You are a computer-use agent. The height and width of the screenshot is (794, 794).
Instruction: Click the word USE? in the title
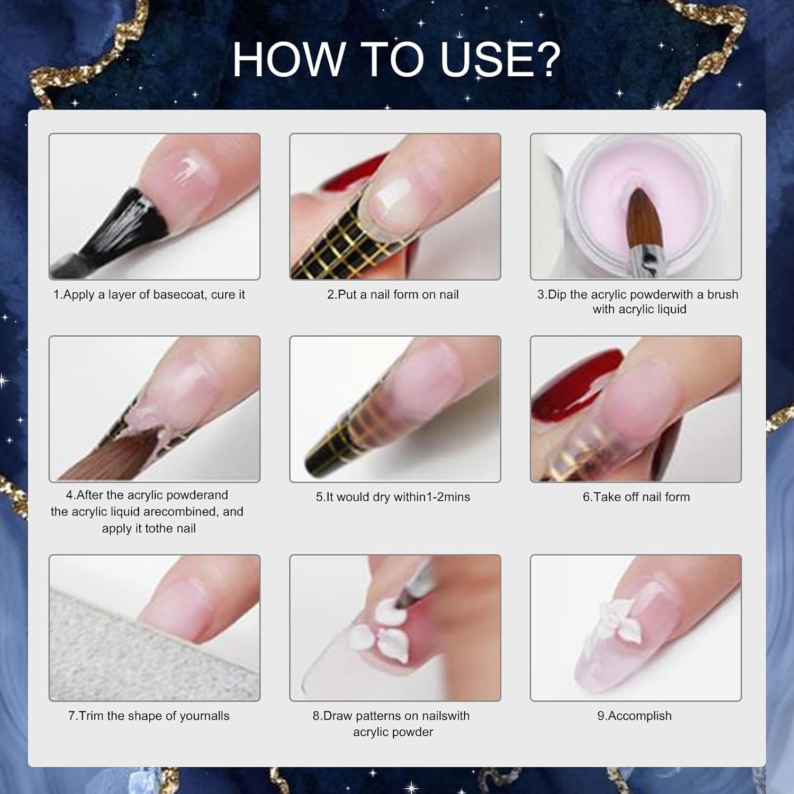pos(500,59)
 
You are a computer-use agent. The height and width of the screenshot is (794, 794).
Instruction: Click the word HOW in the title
pos(288,59)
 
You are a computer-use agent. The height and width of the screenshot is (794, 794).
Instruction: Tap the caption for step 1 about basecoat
pos(149,295)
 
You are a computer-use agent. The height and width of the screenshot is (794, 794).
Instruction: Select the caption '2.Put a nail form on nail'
pos(393,295)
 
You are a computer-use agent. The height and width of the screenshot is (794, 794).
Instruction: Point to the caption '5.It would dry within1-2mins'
pos(393,497)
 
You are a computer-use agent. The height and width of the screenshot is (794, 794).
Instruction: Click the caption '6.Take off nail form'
pos(636,497)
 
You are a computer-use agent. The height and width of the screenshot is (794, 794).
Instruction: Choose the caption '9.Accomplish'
pos(634,716)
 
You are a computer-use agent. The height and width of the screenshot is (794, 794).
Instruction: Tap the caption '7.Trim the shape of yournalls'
pos(149,716)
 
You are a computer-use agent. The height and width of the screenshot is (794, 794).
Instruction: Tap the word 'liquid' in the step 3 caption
pos(670,310)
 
